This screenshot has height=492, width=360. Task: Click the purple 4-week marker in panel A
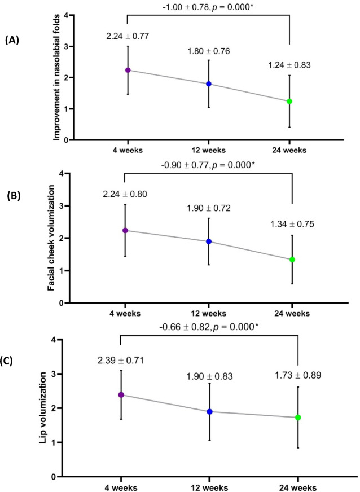coord(128,70)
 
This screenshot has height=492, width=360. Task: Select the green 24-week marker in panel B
coord(292,260)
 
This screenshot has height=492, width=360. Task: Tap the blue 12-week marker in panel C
coord(209,411)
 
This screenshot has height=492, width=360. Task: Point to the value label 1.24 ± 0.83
coord(289,65)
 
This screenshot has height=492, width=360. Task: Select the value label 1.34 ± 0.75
coord(292,225)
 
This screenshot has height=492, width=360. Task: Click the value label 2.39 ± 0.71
coord(121,361)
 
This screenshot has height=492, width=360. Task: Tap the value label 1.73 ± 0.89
coord(298,375)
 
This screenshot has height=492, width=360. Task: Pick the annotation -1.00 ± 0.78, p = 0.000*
coord(208,6)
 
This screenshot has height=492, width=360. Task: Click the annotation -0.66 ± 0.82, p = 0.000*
coord(209,327)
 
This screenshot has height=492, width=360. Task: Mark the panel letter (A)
coord(12,41)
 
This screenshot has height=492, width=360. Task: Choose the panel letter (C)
coord(7,361)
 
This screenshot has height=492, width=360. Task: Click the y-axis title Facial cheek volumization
coord(51,238)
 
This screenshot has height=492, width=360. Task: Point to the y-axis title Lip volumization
coord(43,408)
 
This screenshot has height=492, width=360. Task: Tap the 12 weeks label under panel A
coord(209,150)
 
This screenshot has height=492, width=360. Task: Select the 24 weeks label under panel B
coord(292,314)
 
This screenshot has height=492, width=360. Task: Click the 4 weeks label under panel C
coord(121,487)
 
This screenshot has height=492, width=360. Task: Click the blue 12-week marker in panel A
coord(209,84)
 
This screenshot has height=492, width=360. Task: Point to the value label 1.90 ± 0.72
coord(209,208)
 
